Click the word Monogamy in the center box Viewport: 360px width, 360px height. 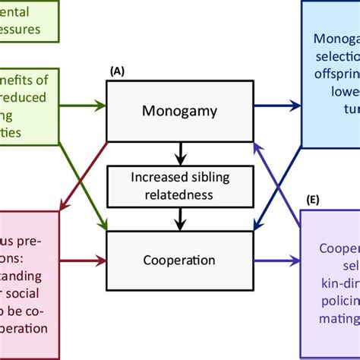[179, 112]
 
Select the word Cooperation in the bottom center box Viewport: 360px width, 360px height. [179, 260]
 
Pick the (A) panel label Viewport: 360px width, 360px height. [117, 70]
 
